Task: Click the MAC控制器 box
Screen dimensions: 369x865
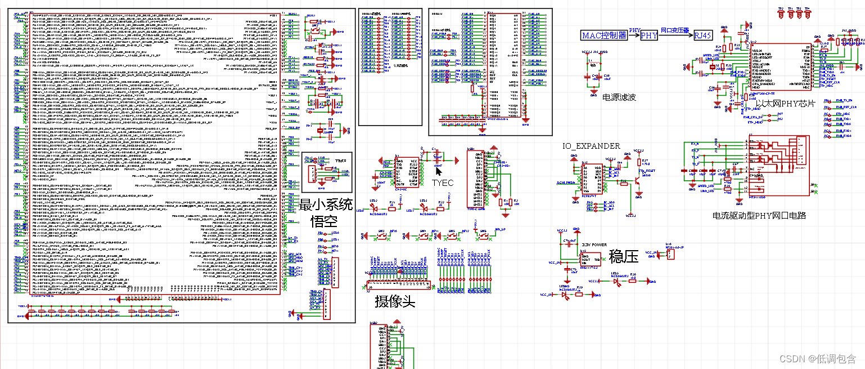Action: [604, 35]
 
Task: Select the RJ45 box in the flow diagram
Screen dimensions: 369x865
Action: [702, 35]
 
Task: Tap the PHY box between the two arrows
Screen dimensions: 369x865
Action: [649, 35]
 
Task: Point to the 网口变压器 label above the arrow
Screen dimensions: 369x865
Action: [675, 30]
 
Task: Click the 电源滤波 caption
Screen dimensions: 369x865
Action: [619, 97]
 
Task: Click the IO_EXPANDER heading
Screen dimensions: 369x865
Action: [591, 146]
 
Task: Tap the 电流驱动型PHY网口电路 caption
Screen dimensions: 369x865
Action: [759, 215]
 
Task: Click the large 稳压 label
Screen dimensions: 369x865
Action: [624, 257]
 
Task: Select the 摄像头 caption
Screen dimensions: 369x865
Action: [395, 302]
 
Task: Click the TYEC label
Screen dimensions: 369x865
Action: [442, 183]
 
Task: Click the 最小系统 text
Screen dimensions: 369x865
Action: [326, 204]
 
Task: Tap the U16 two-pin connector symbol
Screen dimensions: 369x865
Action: [670, 255]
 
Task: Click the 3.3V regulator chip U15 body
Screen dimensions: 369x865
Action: [589, 258]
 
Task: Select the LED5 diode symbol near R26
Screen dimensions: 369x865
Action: [616, 281]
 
